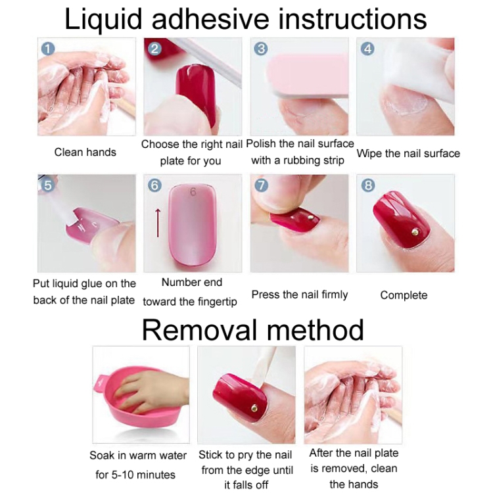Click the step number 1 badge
pyautogui.click(x=48, y=49)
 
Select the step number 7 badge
pyautogui.click(x=261, y=185)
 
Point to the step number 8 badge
pyautogui.click(x=368, y=185)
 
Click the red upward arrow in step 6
pyautogui.click(x=158, y=223)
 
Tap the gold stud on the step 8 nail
pyautogui.click(x=415, y=232)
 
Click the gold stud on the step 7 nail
pyautogui.click(x=310, y=217)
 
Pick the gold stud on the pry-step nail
pyautogui.click(x=254, y=408)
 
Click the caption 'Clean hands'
pyautogui.click(x=85, y=153)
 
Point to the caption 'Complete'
pyautogui.click(x=404, y=295)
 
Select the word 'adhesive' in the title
pyautogui.click(x=210, y=19)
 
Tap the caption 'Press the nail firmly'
pyautogui.click(x=300, y=294)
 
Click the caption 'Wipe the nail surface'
pyautogui.click(x=408, y=153)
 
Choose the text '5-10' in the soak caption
pyautogui.click(x=122, y=475)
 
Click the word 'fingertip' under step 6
pyautogui.click(x=217, y=302)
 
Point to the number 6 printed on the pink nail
pyautogui.click(x=193, y=192)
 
